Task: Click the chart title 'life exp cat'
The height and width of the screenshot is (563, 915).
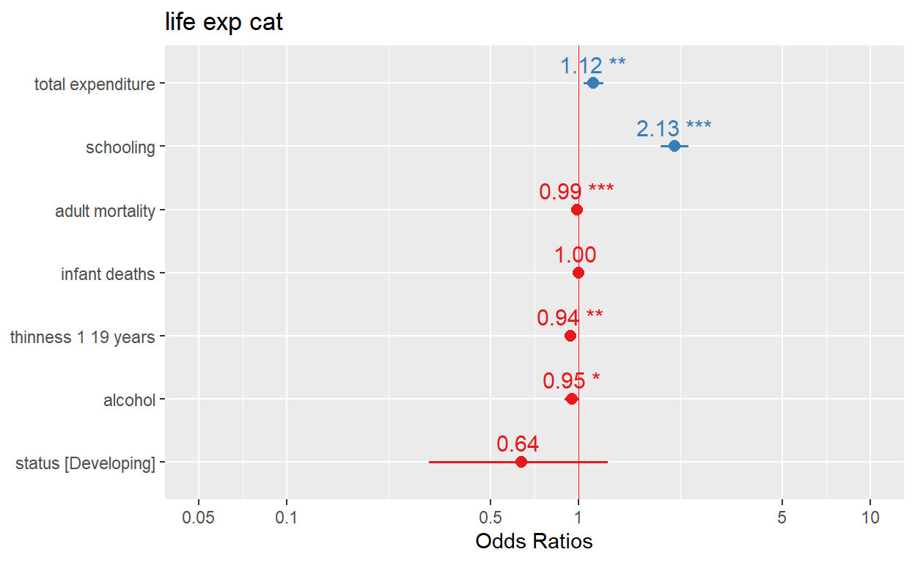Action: pyautogui.click(x=224, y=23)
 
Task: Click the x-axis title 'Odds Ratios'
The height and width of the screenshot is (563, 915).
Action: pyautogui.click(x=534, y=542)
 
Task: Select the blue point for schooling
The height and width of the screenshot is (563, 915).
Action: pyautogui.click(x=674, y=147)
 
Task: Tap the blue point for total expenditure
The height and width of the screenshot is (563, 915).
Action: pyautogui.click(x=592, y=84)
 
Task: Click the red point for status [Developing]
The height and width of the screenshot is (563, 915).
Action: pyautogui.click(x=521, y=462)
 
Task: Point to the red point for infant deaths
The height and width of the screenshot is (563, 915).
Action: pyautogui.click(x=578, y=273)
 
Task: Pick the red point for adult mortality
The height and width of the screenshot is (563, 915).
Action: pyautogui.click(x=577, y=210)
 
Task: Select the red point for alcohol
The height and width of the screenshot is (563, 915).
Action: pyautogui.click(x=572, y=399)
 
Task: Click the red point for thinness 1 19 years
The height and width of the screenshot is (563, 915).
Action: pyautogui.click(x=570, y=336)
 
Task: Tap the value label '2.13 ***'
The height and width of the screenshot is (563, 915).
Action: pyautogui.click(x=673, y=129)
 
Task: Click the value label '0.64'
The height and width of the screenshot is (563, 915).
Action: pyautogui.click(x=518, y=444)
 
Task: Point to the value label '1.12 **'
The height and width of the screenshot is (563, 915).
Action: pyautogui.click(x=592, y=66)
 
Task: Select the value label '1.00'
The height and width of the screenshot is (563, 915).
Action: pyautogui.click(x=575, y=255)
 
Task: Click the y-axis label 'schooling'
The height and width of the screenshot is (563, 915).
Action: pyautogui.click(x=120, y=147)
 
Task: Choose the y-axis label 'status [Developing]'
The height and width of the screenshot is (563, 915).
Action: pyautogui.click(x=85, y=463)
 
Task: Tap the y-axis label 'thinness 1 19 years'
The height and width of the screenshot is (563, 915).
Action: pyautogui.click(x=82, y=337)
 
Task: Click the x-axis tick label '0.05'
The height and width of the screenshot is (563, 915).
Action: pyautogui.click(x=198, y=517)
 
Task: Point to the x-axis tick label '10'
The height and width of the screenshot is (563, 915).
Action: pyautogui.click(x=870, y=517)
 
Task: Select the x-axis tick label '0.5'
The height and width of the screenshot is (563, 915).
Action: pyautogui.click(x=490, y=517)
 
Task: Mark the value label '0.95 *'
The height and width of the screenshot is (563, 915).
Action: pyautogui.click(x=571, y=381)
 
